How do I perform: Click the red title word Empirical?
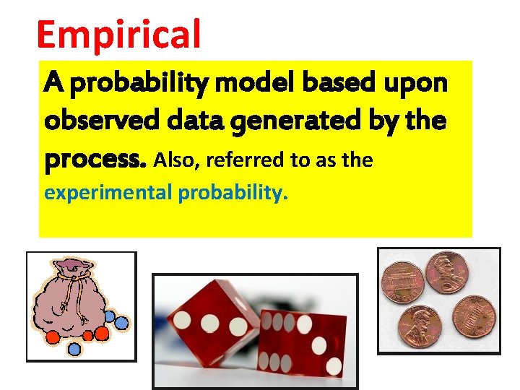[x=118, y=35]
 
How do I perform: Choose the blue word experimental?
[x=106, y=193]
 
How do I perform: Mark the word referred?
[x=246, y=160]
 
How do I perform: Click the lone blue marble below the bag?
[x=74, y=348]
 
